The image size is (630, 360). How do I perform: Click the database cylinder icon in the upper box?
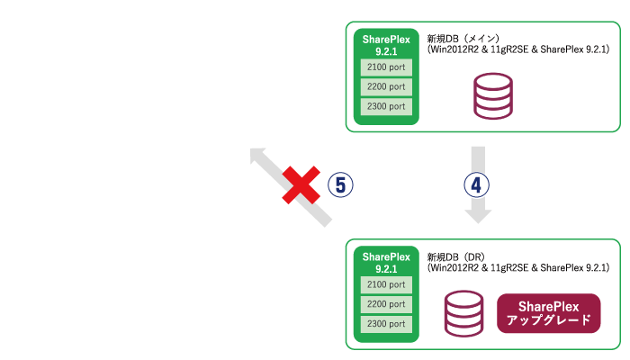[493, 96]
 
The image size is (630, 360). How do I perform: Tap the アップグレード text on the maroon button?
[548, 319]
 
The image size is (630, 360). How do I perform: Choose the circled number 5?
[340, 185]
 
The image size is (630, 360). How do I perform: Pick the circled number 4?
[477, 185]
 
